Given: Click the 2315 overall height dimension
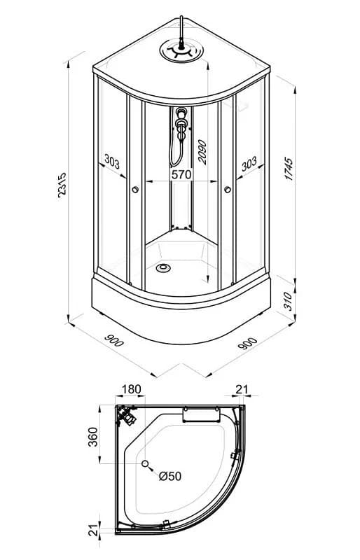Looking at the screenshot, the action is point(62,185).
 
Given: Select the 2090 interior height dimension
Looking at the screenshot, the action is point(202,152).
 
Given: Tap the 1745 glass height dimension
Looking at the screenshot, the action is point(289,168).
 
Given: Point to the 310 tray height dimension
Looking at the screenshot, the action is point(289,301).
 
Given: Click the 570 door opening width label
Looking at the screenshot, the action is point(181,174).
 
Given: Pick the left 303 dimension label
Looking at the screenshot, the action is point(112,161).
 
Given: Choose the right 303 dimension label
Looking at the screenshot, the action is point(249,164).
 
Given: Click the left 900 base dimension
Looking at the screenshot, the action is point(113,341).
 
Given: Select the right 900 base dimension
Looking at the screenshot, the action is point(248,343).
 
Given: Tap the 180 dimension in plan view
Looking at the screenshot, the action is point(131,389).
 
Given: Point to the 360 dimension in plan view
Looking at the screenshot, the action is point(93,436).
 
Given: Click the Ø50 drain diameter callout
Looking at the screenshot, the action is point(170,476).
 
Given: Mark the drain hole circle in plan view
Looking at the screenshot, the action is point(145,463).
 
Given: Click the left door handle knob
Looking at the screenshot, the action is point(135,190).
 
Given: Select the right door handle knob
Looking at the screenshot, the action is point(228,190).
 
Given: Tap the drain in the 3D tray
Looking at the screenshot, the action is point(163,267).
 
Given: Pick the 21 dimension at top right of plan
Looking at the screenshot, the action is point(242,389).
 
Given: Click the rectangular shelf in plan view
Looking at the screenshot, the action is point(201,414).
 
